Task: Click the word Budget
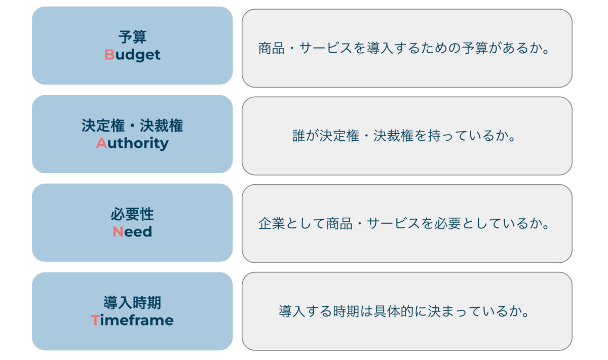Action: pos(132,55)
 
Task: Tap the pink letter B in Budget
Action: pos(109,55)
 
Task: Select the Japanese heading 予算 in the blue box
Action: pos(132,37)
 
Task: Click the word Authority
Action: pos(132,143)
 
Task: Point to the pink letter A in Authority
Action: pos(101,143)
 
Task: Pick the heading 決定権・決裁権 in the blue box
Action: pos(132,126)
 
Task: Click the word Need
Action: pos(132,232)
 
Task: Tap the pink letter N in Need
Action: pos(118,232)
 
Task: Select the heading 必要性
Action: pos(132,214)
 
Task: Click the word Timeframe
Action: pos(132,321)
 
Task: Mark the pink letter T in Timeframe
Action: pos(95,321)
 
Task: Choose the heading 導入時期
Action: pos(132,303)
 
